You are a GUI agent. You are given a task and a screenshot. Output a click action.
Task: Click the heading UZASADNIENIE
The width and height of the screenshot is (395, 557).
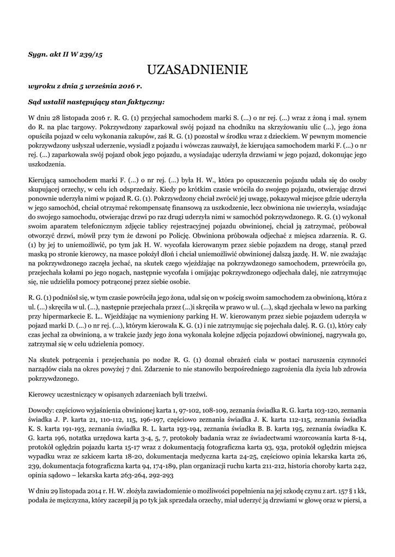coord(197,70)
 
